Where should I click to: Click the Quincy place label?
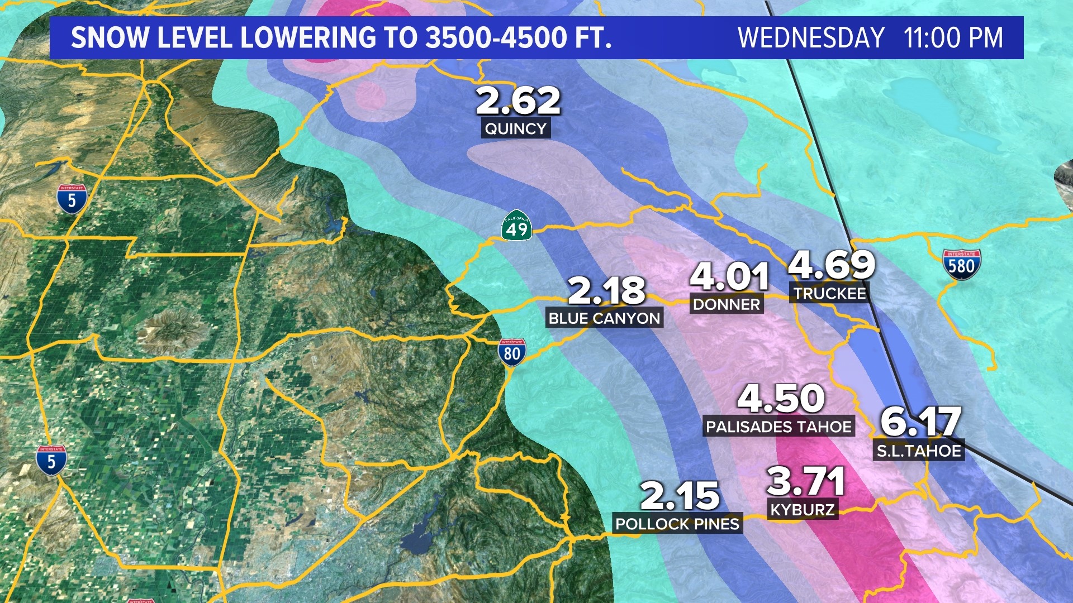(515, 128)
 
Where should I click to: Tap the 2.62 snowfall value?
(518, 101)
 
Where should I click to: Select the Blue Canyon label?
(604, 318)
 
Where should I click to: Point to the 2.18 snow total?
(606, 290)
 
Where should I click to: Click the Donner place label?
(727, 304)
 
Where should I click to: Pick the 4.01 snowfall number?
(729, 276)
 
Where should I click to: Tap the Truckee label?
(830, 293)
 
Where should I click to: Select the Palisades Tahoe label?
(778, 427)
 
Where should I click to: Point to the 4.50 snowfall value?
(781, 399)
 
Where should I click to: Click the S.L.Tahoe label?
(919, 451)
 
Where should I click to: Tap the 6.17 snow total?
(921, 422)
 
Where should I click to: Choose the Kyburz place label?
(803, 509)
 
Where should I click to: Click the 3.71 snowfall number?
(805, 481)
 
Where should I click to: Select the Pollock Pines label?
(677, 524)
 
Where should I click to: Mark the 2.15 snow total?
(680, 496)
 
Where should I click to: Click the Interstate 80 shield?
(512, 353)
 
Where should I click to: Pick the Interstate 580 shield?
(961, 265)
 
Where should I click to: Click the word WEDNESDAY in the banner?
(811, 38)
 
